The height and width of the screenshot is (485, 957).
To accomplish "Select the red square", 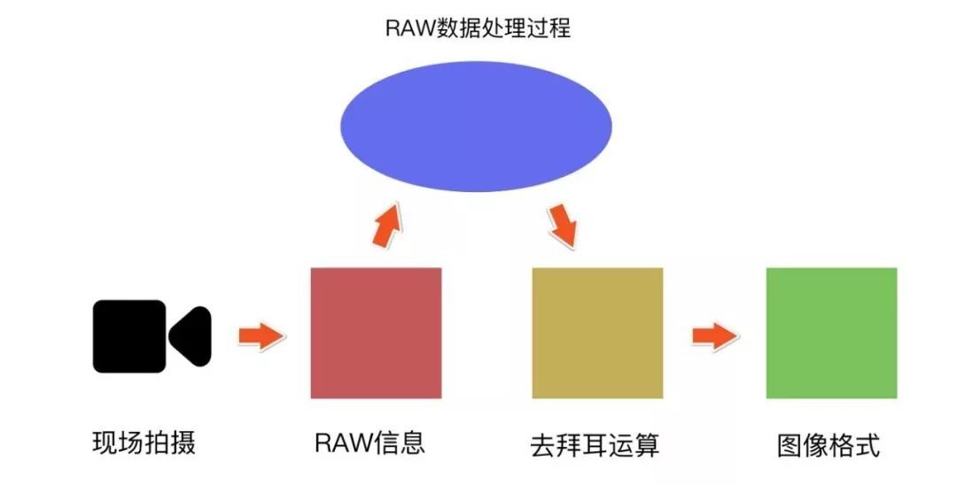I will (x=376, y=333).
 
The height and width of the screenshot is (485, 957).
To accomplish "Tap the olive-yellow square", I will (x=597, y=333).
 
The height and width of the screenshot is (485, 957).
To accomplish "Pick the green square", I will (x=831, y=333).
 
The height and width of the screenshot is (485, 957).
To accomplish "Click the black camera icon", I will (x=152, y=336).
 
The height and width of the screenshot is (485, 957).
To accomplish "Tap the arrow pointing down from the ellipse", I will (x=563, y=226).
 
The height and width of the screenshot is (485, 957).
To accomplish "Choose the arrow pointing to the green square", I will (x=714, y=336).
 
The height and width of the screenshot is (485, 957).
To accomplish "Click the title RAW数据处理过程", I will (x=478, y=28).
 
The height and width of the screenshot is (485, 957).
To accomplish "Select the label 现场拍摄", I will (x=144, y=442).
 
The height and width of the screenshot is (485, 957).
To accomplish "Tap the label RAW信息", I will (x=370, y=442).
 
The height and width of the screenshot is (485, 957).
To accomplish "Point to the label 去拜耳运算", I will (x=595, y=443).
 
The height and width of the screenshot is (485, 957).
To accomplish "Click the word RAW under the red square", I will (x=339, y=442).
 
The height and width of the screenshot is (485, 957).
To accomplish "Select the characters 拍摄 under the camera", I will (x=169, y=442).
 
